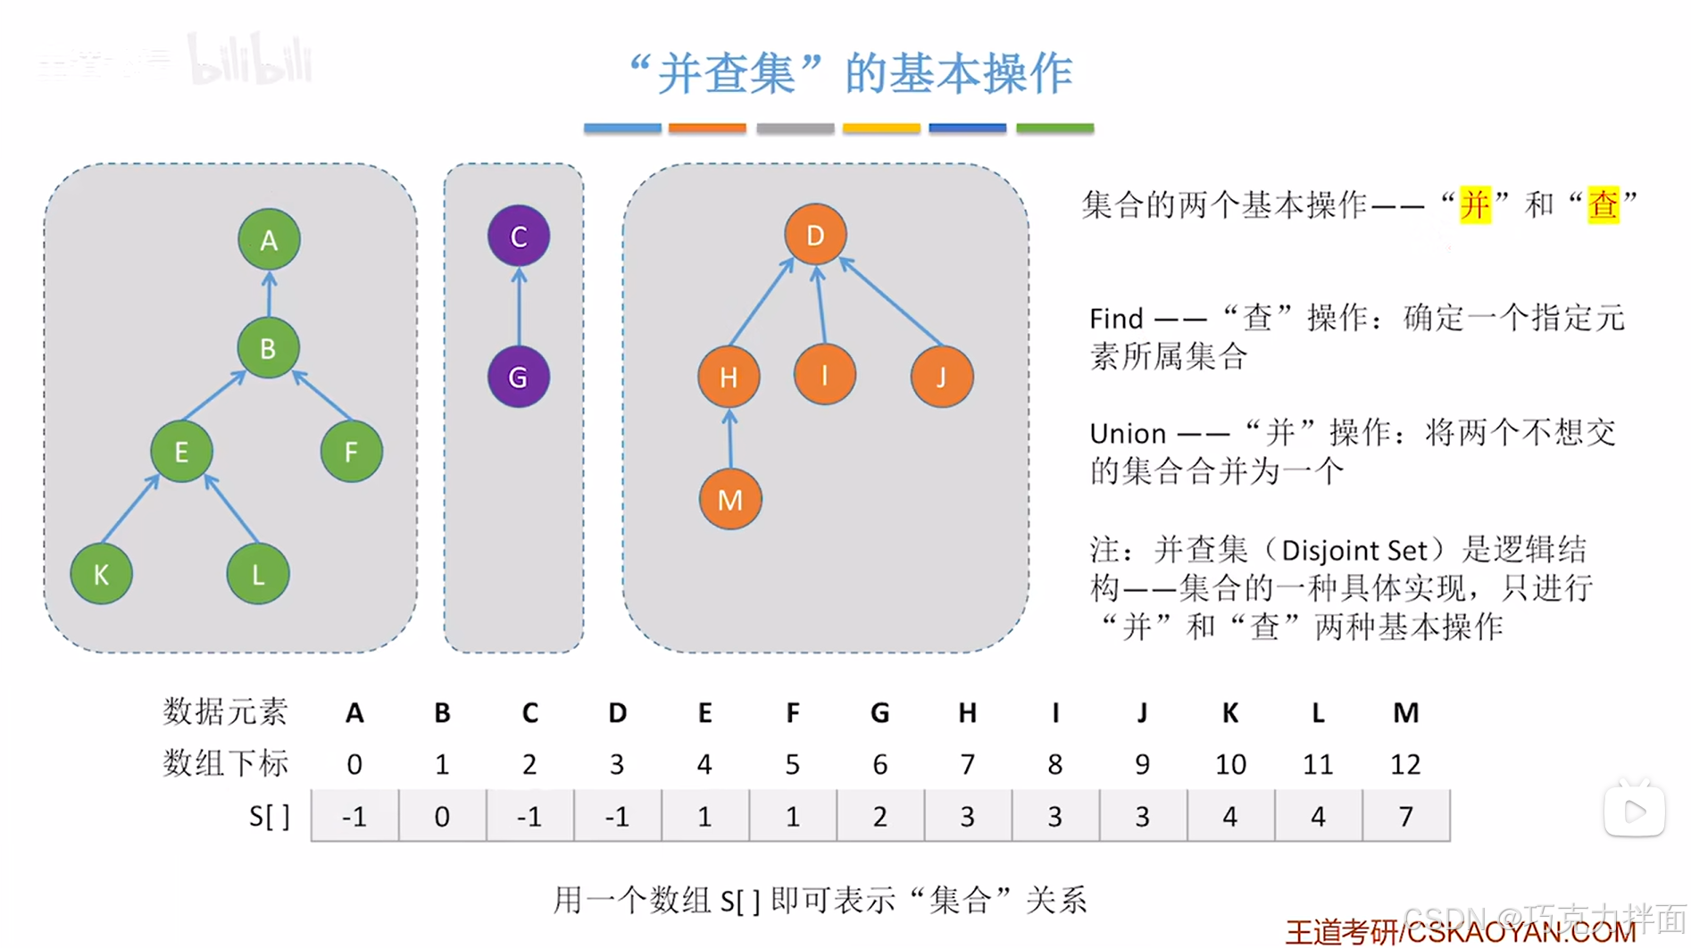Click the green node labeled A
click(269, 239)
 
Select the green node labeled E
click(181, 452)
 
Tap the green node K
click(102, 574)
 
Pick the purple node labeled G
click(518, 377)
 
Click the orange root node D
click(815, 235)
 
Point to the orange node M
click(730, 499)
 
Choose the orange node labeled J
click(941, 377)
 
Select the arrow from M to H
click(730, 438)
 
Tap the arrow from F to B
click(322, 395)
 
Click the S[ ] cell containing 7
click(1405, 816)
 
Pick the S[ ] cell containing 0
click(442, 816)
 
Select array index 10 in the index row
click(1229, 764)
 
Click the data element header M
click(1405, 712)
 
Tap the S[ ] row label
click(269, 816)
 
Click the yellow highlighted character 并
click(1475, 205)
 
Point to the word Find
click(1116, 319)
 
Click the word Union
click(1128, 434)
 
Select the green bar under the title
click(1054, 129)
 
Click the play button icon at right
click(1634, 811)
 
